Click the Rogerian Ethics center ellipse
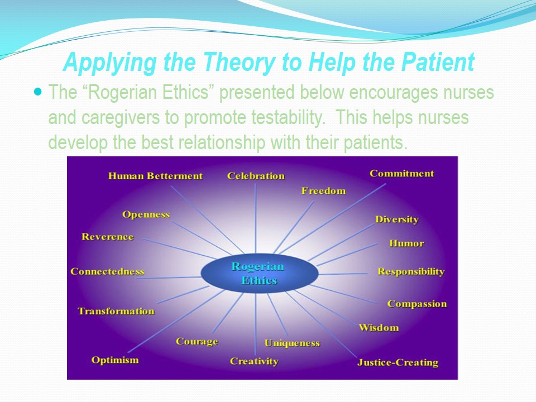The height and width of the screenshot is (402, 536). [x=259, y=273]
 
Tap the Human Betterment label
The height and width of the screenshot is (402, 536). [x=155, y=176]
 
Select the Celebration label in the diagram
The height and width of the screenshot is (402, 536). [x=256, y=176]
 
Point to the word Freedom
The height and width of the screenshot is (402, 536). [x=323, y=191]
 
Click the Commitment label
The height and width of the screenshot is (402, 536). [x=401, y=174]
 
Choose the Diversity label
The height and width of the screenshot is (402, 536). [x=396, y=219]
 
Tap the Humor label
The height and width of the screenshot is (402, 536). [x=406, y=243]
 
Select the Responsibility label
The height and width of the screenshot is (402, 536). [x=411, y=272]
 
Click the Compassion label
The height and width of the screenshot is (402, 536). [x=417, y=304]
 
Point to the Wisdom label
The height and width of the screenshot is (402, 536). [x=379, y=327]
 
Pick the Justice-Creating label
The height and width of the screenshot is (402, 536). [x=398, y=362]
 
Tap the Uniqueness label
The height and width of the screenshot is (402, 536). [x=292, y=343]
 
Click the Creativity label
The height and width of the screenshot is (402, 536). [x=254, y=361]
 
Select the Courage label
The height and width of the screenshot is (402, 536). [x=197, y=341]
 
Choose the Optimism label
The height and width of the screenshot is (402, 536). [x=115, y=360]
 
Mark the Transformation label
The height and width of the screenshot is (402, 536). [x=116, y=311]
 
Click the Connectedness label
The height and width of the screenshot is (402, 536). [x=107, y=272]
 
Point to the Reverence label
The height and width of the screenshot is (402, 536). [x=108, y=237]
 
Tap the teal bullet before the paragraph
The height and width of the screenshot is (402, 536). [x=38, y=90]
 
